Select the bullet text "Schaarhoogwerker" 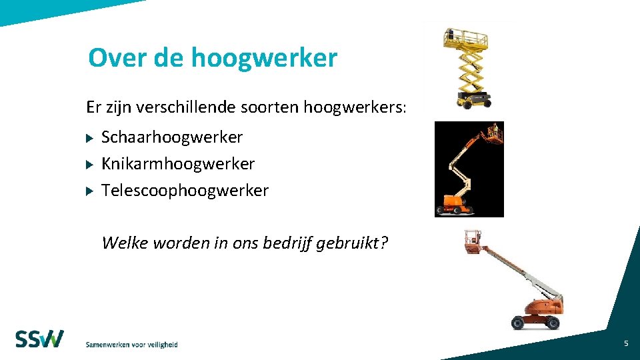tap(172, 137)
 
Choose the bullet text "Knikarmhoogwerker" tap(178, 163)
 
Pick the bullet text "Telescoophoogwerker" tap(185, 191)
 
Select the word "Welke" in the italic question tap(125, 243)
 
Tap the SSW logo tap(40, 339)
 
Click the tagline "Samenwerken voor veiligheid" tap(131, 345)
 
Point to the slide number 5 tap(626, 343)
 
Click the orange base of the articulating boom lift tap(455, 201)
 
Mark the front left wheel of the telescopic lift tap(518, 321)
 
